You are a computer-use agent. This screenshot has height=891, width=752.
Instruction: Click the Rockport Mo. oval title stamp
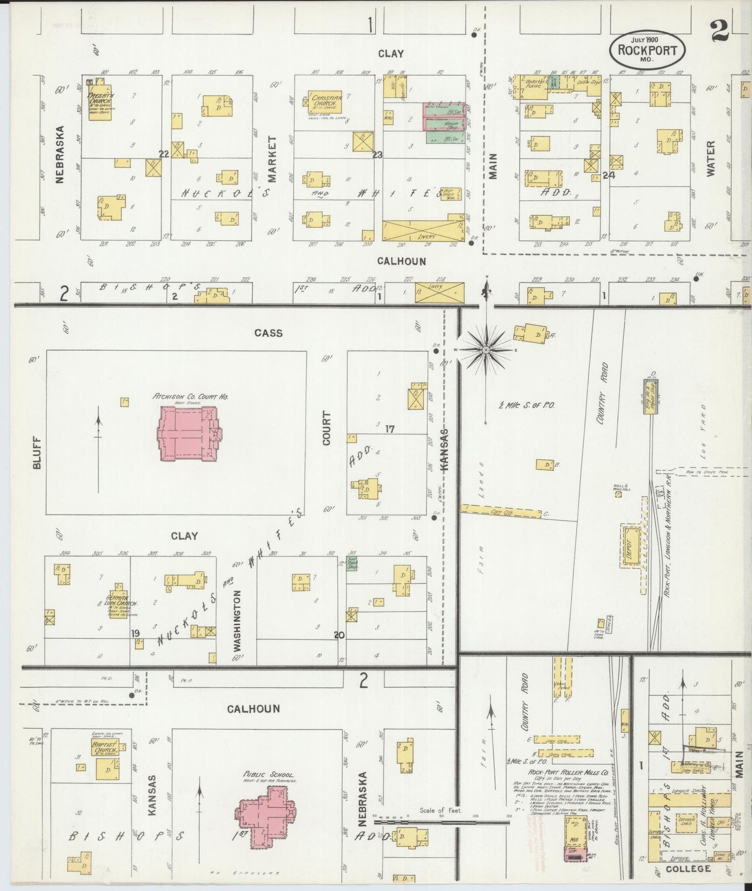tap(647, 50)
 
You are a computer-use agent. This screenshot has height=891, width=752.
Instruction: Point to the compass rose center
tap(486, 350)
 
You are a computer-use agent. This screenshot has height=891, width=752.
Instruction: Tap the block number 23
tap(377, 154)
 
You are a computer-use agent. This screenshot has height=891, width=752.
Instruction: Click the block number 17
tap(390, 429)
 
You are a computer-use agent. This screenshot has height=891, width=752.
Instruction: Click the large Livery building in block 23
tap(423, 230)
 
